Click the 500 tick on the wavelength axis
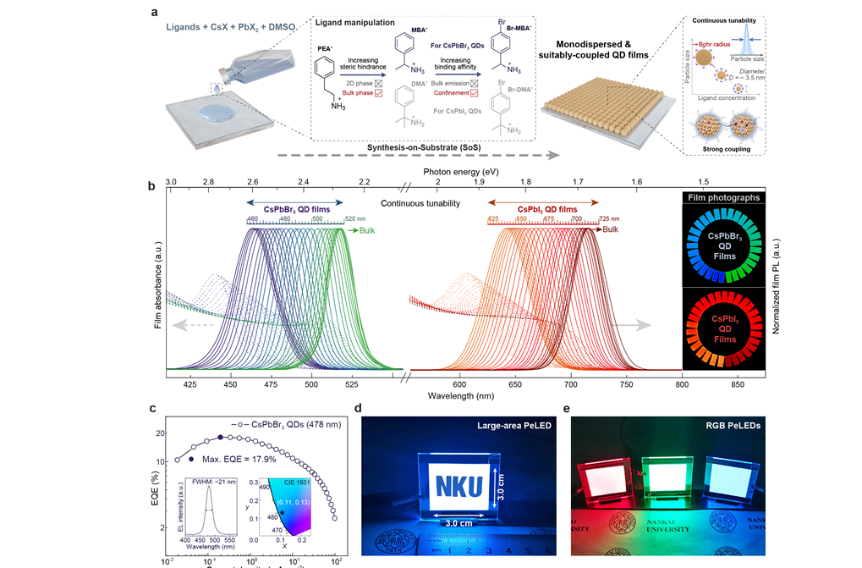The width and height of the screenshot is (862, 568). tap(311, 383)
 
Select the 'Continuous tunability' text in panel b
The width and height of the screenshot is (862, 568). tap(420, 203)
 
